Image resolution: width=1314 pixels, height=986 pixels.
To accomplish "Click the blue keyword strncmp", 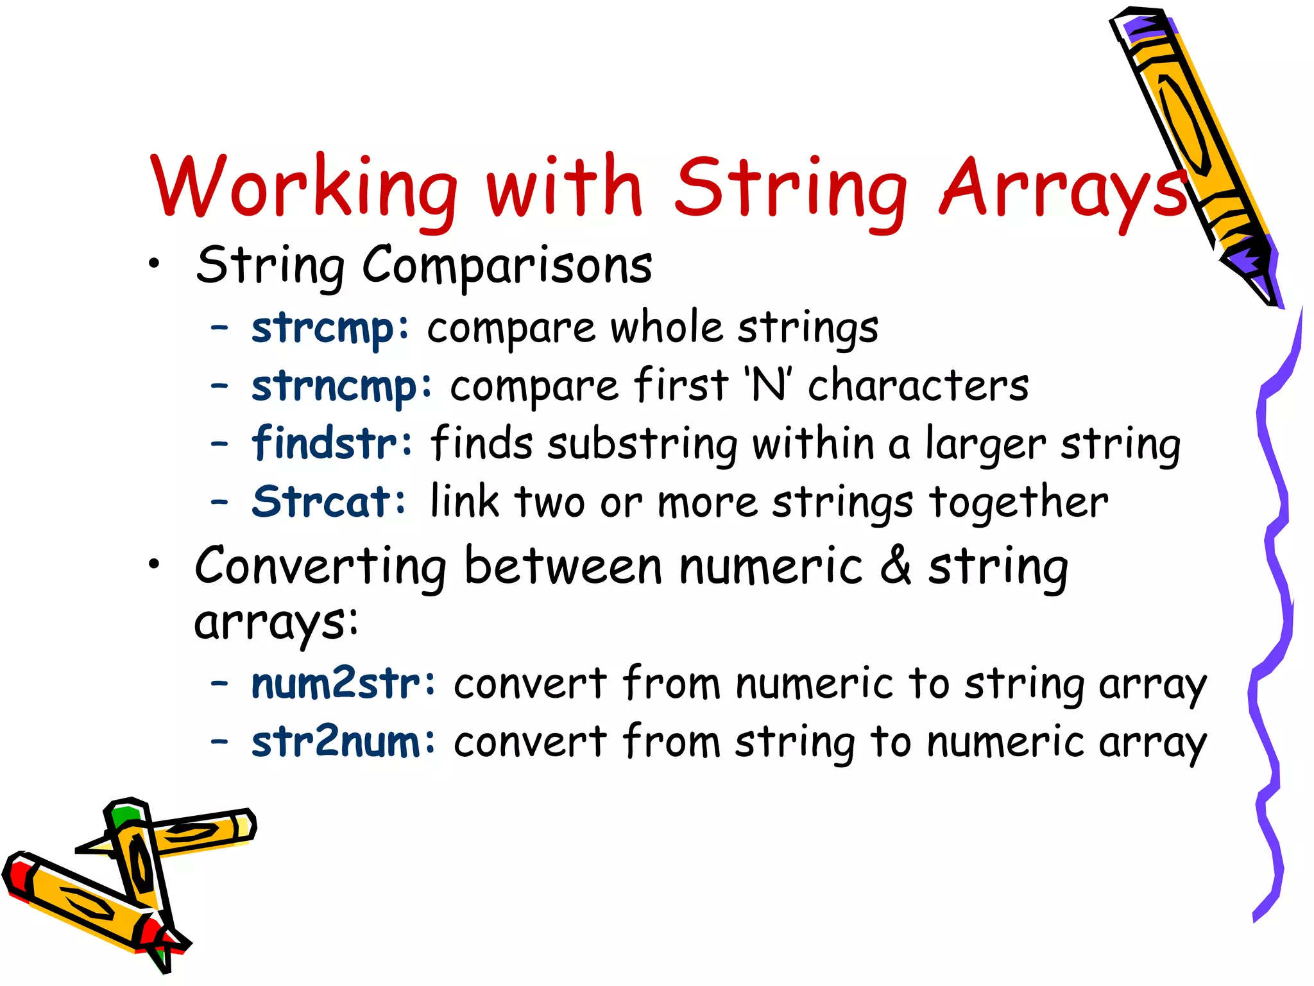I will coord(341,387).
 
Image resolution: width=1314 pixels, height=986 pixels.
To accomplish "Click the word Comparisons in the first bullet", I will coord(507,266).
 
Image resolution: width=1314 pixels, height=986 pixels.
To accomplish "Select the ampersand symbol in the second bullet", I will coord(896,566).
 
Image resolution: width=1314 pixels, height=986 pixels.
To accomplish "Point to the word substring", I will coord(642,444).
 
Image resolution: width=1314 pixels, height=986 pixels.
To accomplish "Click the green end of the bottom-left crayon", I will coord(125,815).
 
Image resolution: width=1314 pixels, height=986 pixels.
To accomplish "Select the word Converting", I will coord(320,566).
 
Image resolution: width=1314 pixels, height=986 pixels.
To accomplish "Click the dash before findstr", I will coord(219,444).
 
